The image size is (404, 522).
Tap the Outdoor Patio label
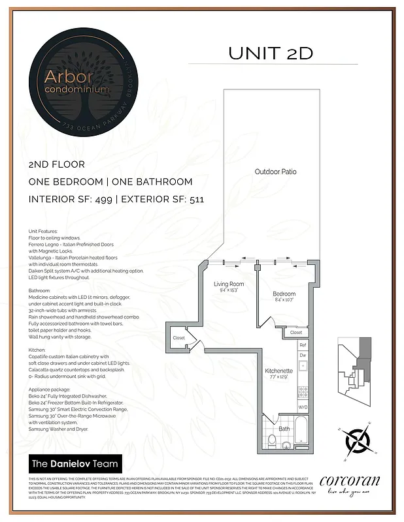point(275,172)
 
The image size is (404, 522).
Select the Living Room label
point(229,284)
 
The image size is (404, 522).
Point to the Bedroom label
point(284,294)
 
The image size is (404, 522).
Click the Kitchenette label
point(278,371)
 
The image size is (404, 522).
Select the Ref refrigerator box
point(303,345)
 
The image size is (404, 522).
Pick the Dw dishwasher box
point(303,356)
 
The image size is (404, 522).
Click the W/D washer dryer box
point(303,407)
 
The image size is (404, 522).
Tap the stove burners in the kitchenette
point(303,392)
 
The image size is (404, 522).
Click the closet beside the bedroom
point(295,333)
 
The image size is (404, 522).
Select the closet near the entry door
point(178,338)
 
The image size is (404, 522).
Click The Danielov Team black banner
point(76,464)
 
